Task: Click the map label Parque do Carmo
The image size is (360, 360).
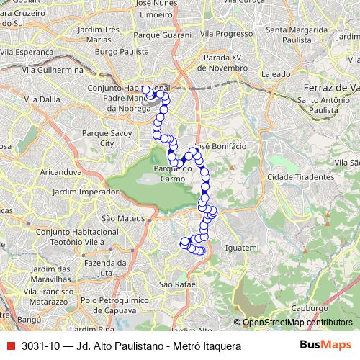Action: (170, 174)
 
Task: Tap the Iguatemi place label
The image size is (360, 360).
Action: (241, 248)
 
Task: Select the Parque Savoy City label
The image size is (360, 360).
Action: (107, 139)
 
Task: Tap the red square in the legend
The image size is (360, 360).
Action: (11, 346)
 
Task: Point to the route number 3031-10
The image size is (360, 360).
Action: (41, 346)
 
